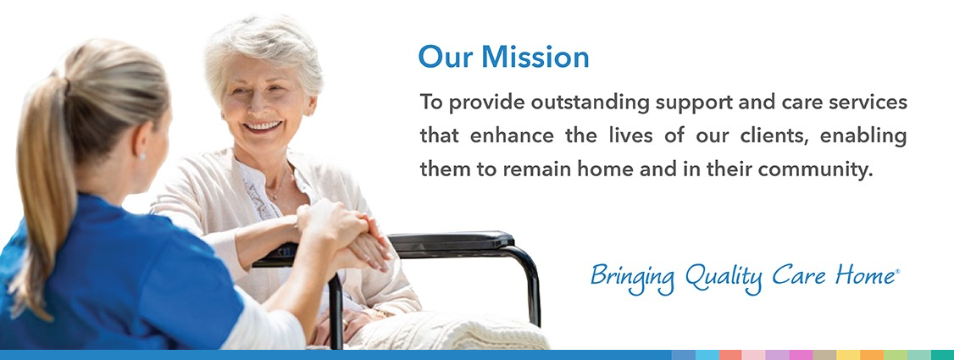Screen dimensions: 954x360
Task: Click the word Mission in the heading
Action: [535, 57]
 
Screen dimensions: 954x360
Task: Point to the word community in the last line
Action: [816, 169]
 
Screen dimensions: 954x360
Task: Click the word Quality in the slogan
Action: [724, 277]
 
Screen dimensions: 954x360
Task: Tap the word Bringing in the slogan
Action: [633, 277]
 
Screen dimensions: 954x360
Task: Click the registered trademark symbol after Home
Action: [896, 271]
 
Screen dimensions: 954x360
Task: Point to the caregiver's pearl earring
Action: [142, 157]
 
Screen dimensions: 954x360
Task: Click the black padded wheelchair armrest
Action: [451, 241]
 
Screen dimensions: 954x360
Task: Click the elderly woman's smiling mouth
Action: [263, 126]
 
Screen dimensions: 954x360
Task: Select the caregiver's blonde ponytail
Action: [42, 182]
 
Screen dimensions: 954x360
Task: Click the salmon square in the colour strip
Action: [730, 355]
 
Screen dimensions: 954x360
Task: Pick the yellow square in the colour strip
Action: [848, 355]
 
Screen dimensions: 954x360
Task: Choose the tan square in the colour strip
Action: [824, 355]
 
